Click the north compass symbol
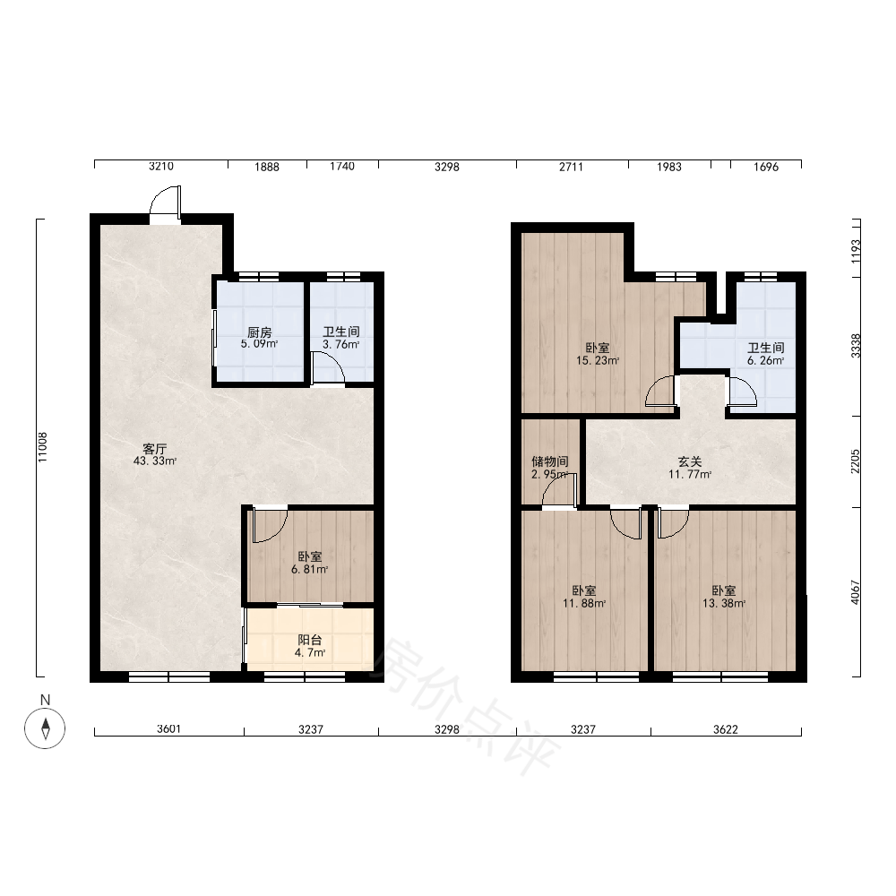tap(45, 728)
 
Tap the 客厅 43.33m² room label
tap(154, 455)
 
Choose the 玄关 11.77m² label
tap(690, 468)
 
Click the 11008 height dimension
tap(43, 447)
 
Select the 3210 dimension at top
tap(161, 167)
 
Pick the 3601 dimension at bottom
tap(168, 729)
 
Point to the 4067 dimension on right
tap(855, 592)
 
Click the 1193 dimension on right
tap(855, 250)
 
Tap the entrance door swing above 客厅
tap(165, 200)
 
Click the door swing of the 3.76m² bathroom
tap(328, 368)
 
